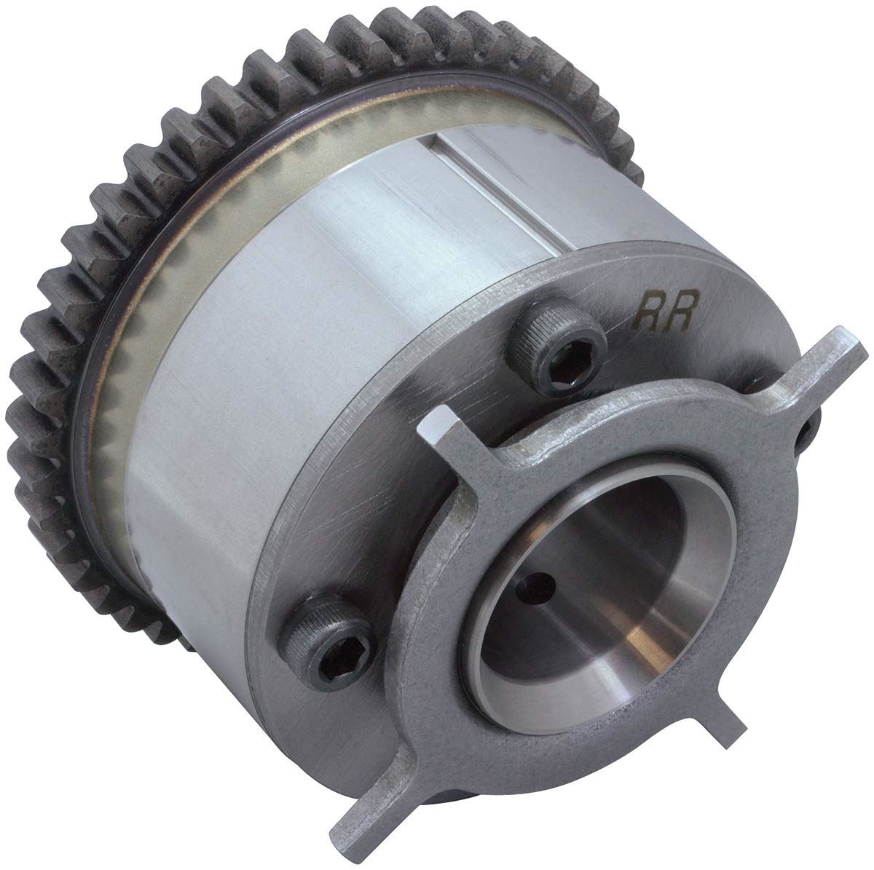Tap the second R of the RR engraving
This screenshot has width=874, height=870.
click(x=681, y=311)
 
